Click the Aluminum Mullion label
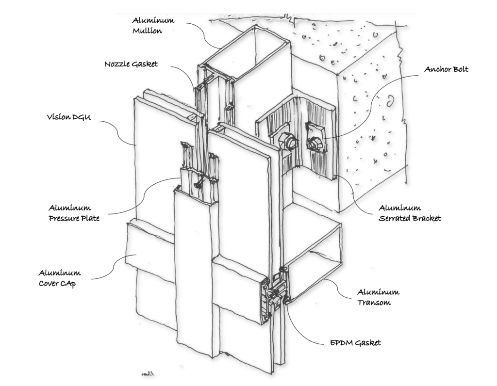click(153, 25)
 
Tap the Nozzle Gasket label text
click(131, 64)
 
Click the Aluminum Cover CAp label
click(60, 278)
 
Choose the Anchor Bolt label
click(446, 69)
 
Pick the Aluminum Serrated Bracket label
click(410, 213)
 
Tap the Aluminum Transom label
click(378, 297)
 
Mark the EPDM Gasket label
click(352, 343)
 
